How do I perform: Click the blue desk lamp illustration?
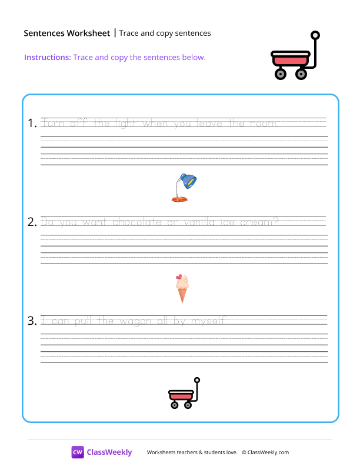[x=184, y=188]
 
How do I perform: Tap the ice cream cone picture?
[x=182, y=288]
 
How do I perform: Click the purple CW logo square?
[x=78, y=452]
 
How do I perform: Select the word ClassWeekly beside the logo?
[x=109, y=452]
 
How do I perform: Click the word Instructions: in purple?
[x=48, y=57]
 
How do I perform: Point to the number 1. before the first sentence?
[x=32, y=123]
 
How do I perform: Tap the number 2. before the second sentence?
[x=32, y=222]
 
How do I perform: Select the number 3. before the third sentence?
[x=32, y=321]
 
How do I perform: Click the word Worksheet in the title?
[x=88, y=33]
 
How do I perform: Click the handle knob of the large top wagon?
[x=315, y=35]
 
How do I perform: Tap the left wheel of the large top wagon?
[x=280, y=74]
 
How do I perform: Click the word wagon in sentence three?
[x=135, y=322]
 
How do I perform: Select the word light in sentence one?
[x=125, y=124]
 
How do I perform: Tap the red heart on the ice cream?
[x=179, y=277]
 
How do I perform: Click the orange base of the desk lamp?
[x=179, y=199]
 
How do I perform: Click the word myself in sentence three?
[x=209, y=322]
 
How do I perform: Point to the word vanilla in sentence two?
[x=199, y=222]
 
